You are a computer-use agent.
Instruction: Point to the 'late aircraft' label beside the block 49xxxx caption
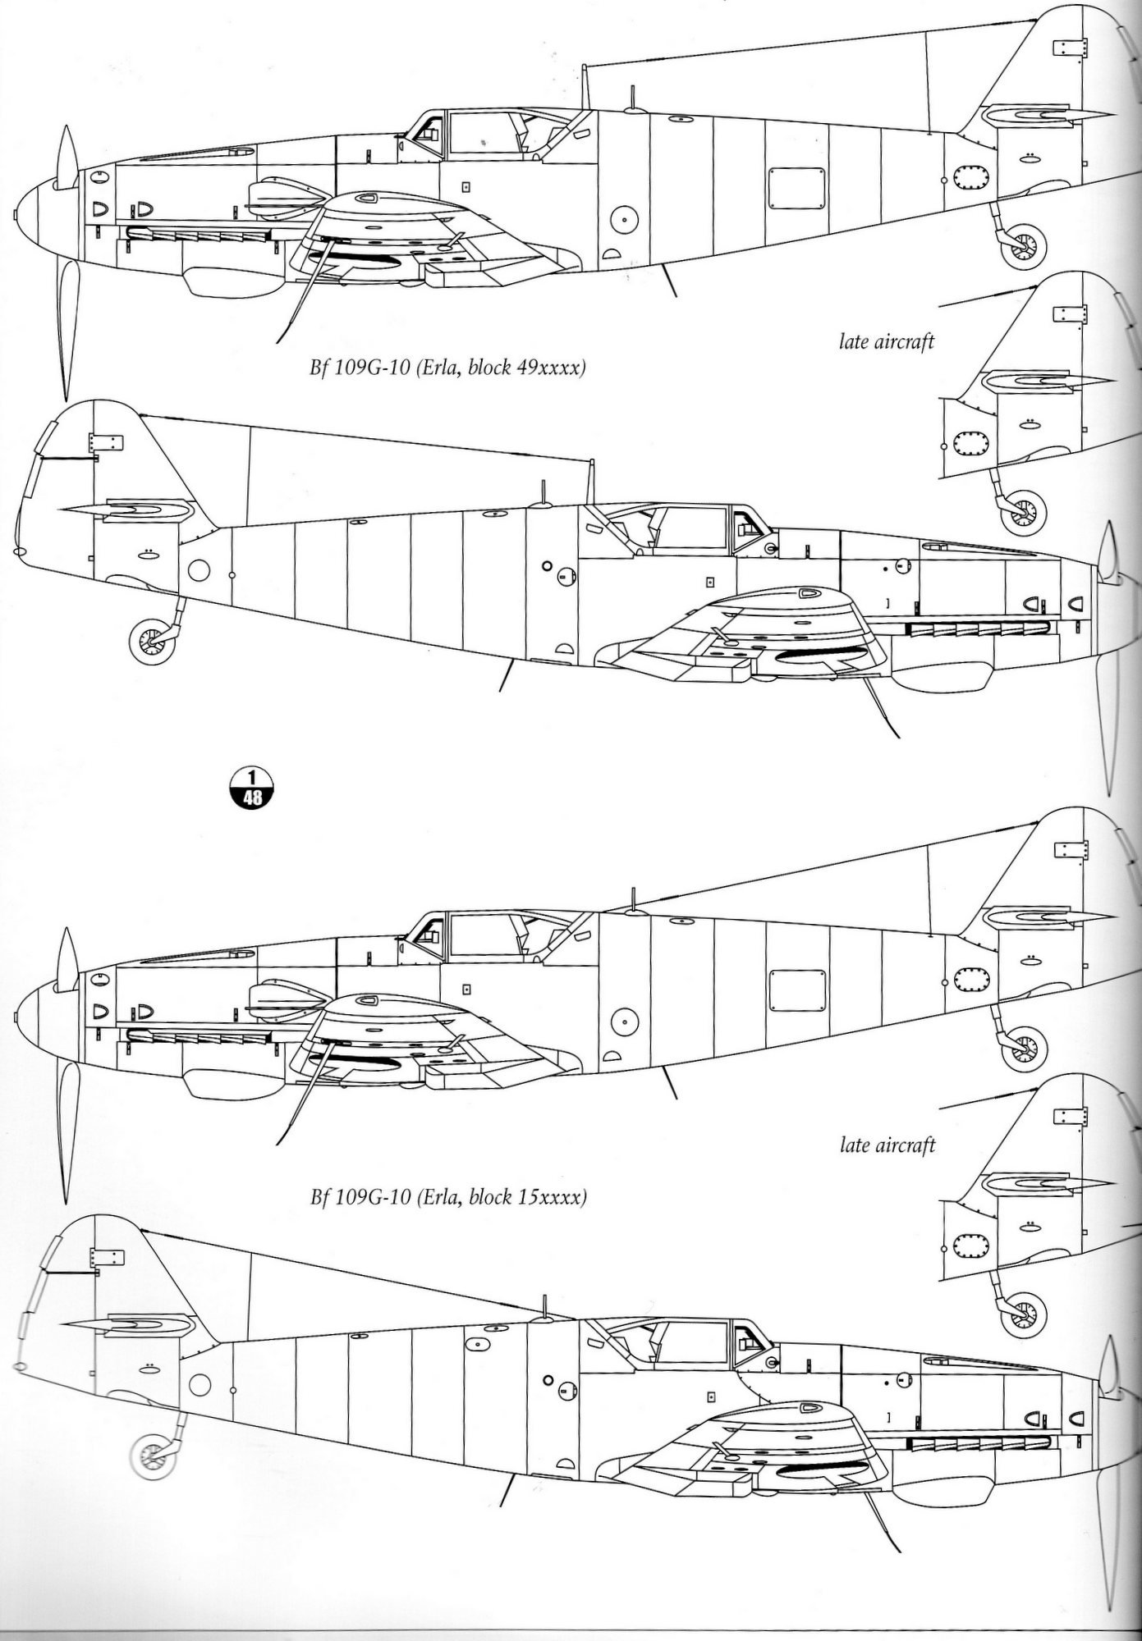pyautogui.click(x=886, y=341)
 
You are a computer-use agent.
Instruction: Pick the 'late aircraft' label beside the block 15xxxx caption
pyautogui.click(x=887, y=1145)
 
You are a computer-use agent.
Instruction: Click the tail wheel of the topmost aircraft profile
pyautogui.click(x=1025, y=244)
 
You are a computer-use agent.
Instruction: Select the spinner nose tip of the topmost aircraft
pyautogui.click(x=18, y=215)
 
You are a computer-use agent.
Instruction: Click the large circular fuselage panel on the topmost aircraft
pyautogui.click(x=625, y=218)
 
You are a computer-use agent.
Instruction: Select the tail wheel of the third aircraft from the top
pyautogui.click(x=1024, y=1048)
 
